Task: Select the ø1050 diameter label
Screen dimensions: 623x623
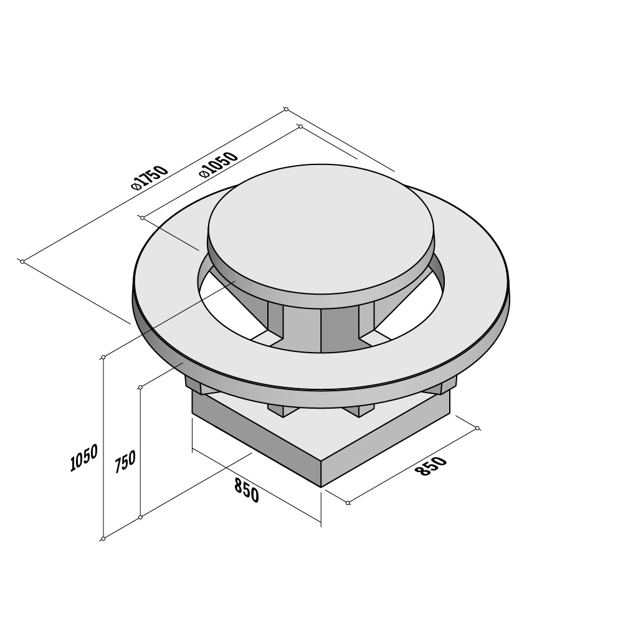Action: [x=219, y=165]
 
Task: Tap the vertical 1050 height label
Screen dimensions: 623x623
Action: [x=84, y=458]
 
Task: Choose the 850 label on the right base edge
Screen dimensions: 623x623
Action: [x=431, y=466]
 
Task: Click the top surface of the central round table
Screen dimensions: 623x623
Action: [x=320, y=233]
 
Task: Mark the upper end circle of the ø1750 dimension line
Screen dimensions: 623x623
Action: [x=286, y=109]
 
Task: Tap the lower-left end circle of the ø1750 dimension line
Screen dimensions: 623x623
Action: [x=22, y=262]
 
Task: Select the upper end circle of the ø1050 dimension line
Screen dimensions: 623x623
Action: [x=301, y=126]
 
